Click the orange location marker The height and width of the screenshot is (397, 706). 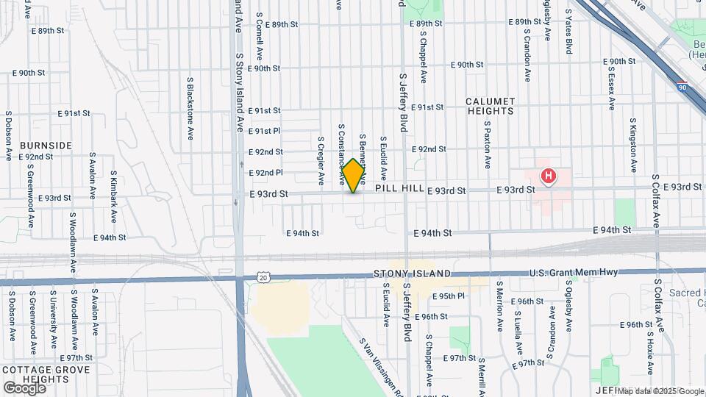353,176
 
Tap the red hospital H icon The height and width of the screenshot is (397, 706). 548,176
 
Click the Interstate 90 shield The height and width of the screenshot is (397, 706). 682,87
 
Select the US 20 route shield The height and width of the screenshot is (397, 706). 263,276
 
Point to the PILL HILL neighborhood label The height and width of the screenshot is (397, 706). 399,189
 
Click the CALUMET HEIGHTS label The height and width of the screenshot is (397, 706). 491,106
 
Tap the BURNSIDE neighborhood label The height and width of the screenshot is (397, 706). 46,146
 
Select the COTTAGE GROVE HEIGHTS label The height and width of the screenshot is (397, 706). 46,374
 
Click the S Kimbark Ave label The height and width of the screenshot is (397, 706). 114,197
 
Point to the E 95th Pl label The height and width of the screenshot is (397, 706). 449,296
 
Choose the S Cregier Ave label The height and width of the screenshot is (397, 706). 321,160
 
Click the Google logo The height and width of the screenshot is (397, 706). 24,387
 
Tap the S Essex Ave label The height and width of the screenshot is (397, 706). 611,89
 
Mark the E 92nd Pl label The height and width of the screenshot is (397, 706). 265,173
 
